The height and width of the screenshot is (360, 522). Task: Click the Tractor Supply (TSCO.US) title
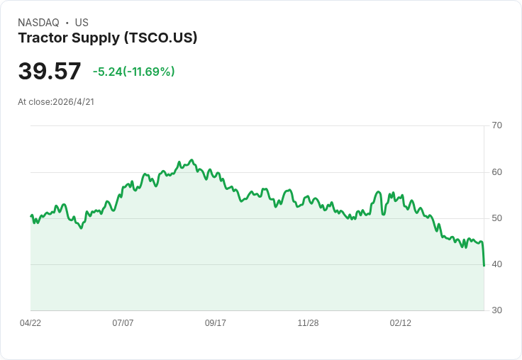[108, 38]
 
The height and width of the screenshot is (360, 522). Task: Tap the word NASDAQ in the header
[38, 23]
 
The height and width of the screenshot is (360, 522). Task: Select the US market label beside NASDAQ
[82, 23]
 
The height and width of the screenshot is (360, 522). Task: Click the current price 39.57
[50, 72]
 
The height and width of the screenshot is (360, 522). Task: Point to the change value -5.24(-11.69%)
[133, 72]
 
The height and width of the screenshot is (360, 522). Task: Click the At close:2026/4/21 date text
[56, 102]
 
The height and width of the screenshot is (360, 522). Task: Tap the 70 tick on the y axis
[497, 125]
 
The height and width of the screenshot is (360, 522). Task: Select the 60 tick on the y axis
[497, 172]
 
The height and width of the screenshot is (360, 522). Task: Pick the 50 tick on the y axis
[497, 218]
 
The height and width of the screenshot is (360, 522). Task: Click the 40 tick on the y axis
[497, 264]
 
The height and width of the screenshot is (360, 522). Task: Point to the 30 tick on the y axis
[497, 310]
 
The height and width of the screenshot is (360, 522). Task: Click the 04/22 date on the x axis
[30, 323]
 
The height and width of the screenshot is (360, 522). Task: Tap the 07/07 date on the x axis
[123, 323]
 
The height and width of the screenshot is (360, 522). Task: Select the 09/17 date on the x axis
[216, 323]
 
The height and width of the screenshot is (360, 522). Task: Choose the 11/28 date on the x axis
[308, 323]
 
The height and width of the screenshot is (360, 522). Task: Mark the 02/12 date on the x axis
[401, 323]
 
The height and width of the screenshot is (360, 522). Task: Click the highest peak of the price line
[191, 160]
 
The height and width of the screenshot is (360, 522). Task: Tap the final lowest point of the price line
[484, 266]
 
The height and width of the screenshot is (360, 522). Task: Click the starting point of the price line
[31, 215]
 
